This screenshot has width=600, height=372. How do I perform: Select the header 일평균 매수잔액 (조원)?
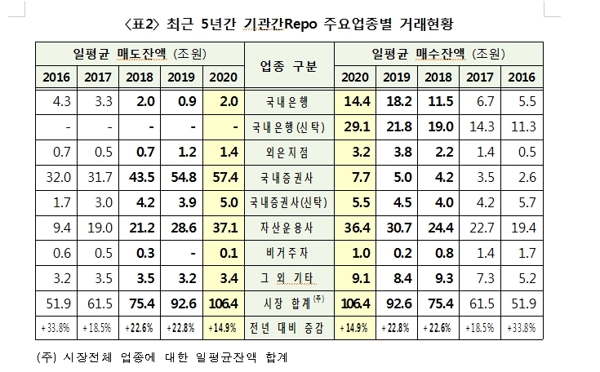[x=439, y=54]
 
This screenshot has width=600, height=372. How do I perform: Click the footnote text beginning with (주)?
[x=164, y=356]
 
